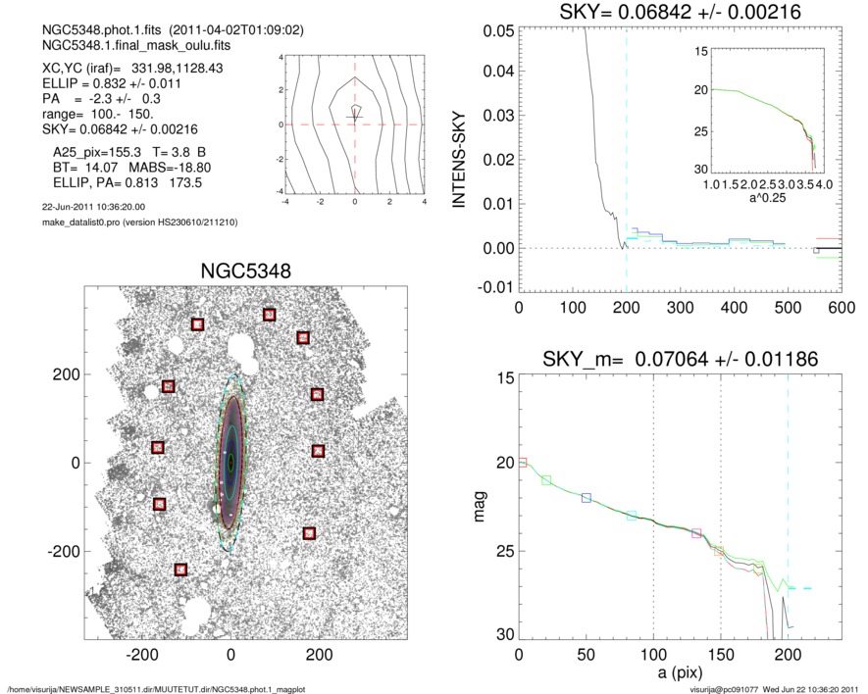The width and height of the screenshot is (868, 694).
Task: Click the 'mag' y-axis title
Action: (x=481, y=507)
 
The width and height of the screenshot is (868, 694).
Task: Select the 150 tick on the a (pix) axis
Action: (x=721, y=655)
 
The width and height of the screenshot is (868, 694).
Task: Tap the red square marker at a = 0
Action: (x=522, y=463)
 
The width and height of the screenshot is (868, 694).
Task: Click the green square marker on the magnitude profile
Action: (x=546, y=480)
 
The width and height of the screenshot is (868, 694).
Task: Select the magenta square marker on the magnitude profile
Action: (x=696, y=533)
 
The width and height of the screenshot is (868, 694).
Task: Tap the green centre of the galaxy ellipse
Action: (x=230, y=462)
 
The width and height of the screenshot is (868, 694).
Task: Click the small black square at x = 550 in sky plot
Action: (x=815, y=250)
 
